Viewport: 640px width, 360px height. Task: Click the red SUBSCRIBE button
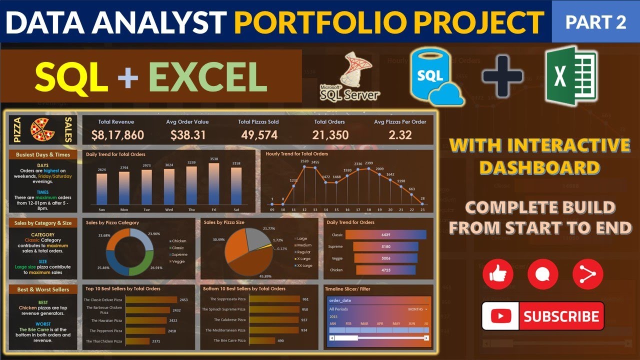(543, 316)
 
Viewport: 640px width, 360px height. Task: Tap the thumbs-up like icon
(497, 274)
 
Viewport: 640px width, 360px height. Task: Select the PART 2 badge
(595, 22)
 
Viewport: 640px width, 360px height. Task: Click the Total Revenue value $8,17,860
(117, 134)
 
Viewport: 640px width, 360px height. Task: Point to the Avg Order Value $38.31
(187, 134)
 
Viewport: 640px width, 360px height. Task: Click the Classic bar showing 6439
(385, 234)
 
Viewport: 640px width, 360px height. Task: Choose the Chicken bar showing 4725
(385, 270)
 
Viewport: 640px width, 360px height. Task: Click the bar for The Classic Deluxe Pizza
(151, 300)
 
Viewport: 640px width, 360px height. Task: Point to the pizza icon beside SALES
(43, 129)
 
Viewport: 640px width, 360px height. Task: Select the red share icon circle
(587, 274)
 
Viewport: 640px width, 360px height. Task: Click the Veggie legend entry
(178, 261)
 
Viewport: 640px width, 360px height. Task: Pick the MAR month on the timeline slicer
(364, 323)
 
